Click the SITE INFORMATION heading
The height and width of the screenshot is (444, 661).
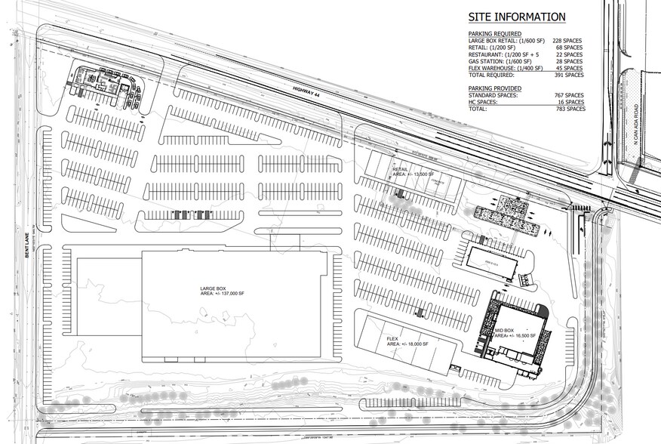(x=516, y=17)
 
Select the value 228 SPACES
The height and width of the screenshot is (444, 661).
(x=569, y=41)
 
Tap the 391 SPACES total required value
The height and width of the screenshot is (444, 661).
(x=569, y=75)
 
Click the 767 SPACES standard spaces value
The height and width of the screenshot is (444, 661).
(x=569, y=95)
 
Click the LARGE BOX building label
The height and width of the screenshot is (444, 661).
(x=214, y=287)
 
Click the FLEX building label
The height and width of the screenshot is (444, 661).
(x=392, y=339)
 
